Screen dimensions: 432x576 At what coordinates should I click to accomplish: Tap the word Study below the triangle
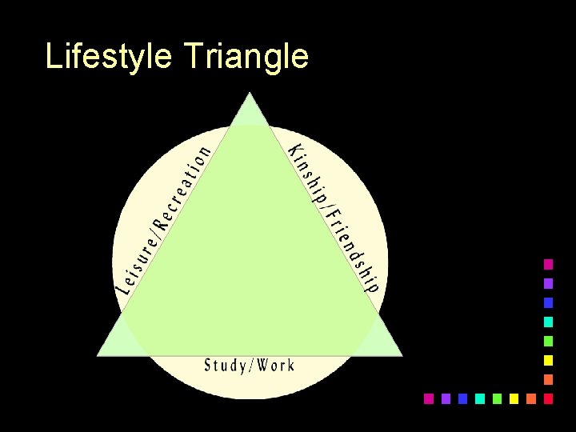[x=226, y=366]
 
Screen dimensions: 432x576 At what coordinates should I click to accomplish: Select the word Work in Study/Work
[x=277, y=366]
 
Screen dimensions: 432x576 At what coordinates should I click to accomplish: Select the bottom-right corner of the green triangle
[x=401, y=354]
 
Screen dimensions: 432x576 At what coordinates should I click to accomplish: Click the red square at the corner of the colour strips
[x=548, y=398]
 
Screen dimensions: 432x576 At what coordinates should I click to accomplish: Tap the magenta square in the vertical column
[x=548, y=264]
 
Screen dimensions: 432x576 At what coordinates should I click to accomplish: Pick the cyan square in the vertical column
[x=548, y=322]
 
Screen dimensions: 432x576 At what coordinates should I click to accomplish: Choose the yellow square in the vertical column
[x=548, y=360]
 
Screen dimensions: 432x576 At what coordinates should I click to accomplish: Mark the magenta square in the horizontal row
[x=428, y=398]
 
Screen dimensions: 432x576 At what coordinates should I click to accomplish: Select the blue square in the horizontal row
[x=462, y=398]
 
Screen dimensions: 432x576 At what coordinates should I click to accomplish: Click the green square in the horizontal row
[x=497, y=398]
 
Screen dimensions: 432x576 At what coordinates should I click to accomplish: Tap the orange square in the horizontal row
[x=530, y=398]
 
